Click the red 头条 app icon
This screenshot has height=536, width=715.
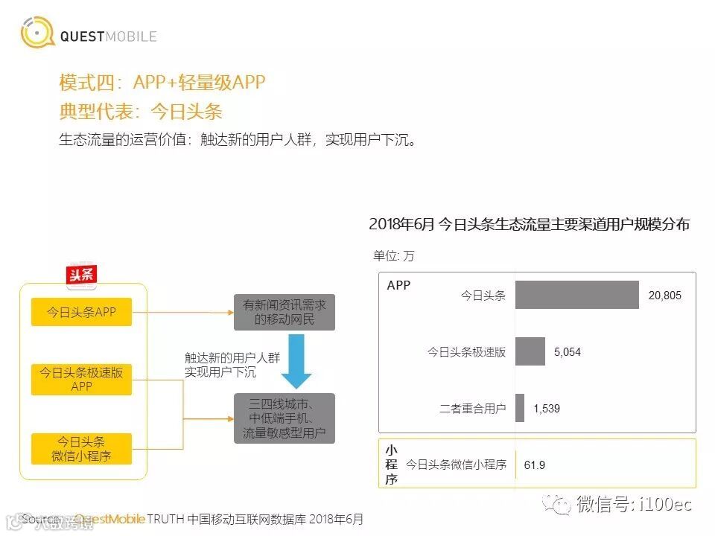[81, 275]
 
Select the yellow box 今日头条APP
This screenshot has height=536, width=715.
[81, 313]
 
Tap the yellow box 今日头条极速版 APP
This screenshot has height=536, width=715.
[81, 380]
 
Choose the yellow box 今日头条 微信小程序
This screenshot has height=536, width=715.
[81, 448]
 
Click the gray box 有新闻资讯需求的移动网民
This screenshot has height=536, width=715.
[284, 313]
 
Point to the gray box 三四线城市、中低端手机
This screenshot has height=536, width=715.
[284, 418]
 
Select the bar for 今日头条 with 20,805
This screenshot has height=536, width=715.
[576, 295]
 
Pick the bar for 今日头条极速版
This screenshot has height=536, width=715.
[530, 351]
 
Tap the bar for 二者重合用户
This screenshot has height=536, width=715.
[520, 408]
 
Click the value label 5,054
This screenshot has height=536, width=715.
[568, 352]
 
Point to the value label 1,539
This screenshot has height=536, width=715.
[547, 409]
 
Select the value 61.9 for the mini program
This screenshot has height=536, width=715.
[535, 465]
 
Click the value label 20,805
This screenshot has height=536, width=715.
[664, 296]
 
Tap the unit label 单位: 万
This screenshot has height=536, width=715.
[393, 255]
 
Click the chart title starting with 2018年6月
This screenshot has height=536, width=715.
[529, 224]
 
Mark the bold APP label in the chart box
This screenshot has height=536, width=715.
[398, 285]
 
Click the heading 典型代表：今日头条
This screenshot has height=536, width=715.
[141, 112]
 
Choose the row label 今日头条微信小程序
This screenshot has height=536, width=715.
[456, 465]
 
